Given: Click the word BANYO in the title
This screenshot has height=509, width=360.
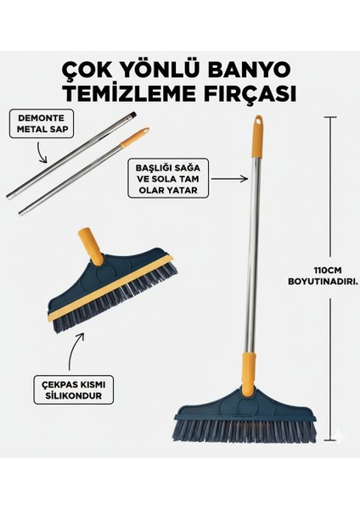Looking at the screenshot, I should tap(260, 67).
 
